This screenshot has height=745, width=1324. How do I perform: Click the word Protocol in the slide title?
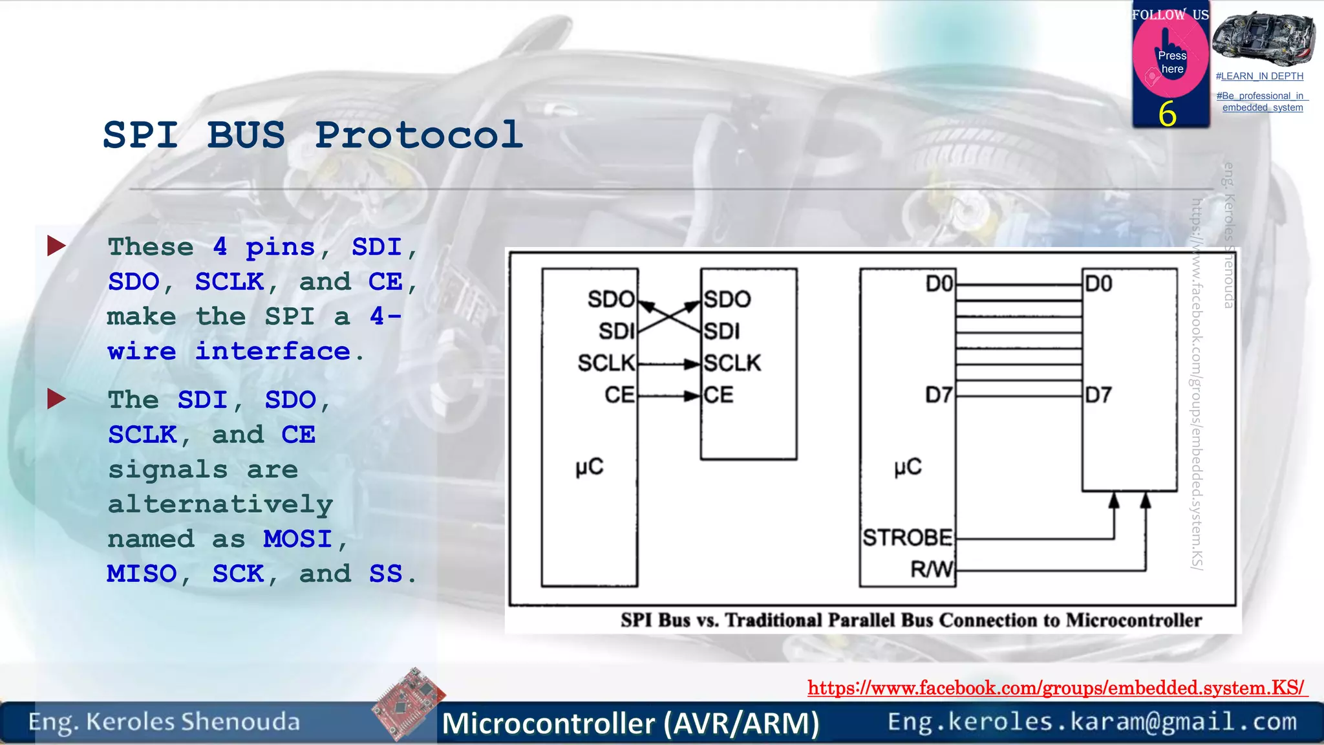pos(419,135)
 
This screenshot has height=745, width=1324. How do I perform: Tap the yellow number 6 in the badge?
pos(1167,114)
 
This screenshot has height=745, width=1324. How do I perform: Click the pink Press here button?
pos(1171,61)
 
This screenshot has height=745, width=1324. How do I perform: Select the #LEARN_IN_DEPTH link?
pos(1259,76)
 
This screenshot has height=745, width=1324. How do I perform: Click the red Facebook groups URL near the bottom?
pos(1056,687)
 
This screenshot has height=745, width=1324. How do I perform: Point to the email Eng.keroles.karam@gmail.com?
pos(1092,721)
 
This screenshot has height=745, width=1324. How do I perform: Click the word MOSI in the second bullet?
pos(297,539)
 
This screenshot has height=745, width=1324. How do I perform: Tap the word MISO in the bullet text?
pos(142,574)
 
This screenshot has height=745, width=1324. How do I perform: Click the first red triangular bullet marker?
pos(56,246)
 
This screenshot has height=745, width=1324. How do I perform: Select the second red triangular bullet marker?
pos(56,399)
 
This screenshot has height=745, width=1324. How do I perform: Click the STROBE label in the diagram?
pos(907,537)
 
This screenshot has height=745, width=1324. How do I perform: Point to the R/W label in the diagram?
pos(931,569)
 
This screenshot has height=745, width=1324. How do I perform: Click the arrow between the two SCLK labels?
pos(668,364)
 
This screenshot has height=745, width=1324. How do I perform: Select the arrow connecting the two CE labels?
pos(668,395)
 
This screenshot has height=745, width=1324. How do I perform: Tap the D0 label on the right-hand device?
pos(1098,284)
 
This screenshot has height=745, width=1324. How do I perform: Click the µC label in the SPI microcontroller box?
pos(589,467)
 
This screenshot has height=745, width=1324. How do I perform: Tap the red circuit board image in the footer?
pos(409,704)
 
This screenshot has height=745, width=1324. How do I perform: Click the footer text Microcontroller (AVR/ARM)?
pos(630,723)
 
